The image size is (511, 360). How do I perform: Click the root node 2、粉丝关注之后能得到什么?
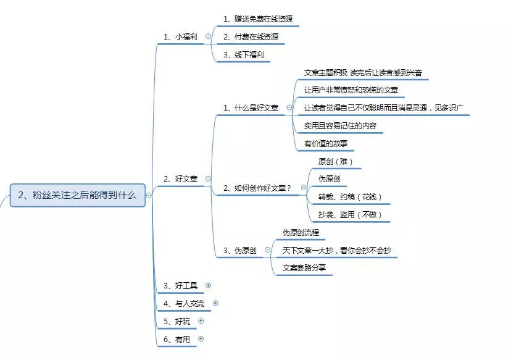click(x=78, y=195)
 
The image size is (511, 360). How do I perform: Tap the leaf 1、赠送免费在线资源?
click(x=257, y=19)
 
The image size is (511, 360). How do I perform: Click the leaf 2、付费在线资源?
click(x=251, y=37)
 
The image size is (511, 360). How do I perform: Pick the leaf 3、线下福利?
click(x=243, y=55)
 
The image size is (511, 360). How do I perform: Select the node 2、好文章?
click(x=180, y=178)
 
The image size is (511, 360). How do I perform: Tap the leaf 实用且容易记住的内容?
click(x=340, y=126)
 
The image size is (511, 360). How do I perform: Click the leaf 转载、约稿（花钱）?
click(x=350, y=197)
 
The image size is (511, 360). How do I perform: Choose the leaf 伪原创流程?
click(x=300, y=233)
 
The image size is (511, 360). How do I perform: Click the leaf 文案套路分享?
click(x=304, y=268)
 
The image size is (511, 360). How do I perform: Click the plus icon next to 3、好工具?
click(x=208, y=285)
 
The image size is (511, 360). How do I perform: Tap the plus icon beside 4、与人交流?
click(x=215, y=303)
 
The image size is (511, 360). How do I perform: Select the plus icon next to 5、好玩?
click(x=201, y=321)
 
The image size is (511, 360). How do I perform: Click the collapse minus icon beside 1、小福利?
click(x=208, y=36)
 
